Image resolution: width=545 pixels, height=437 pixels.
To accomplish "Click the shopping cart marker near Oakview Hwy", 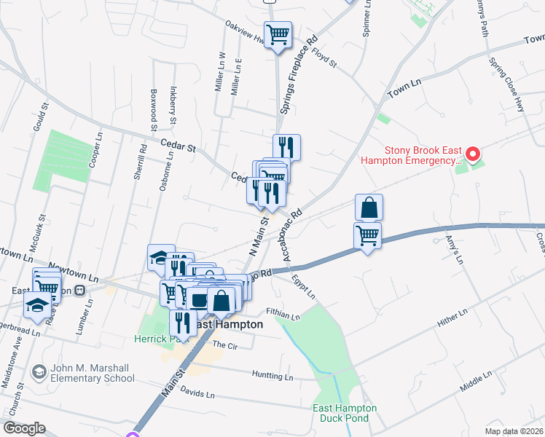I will click(278, 34).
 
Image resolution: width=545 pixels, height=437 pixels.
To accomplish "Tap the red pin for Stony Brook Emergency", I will click(472, 154).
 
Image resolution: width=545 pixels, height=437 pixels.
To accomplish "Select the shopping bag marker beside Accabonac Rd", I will click(369, 208).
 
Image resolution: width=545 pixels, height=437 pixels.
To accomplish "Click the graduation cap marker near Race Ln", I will click(36, 306).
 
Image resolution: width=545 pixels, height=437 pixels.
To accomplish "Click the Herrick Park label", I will click(155, 339).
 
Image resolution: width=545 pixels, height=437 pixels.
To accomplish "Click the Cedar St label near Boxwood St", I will click(181, 146).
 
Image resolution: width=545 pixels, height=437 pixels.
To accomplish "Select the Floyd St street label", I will click(324, 58).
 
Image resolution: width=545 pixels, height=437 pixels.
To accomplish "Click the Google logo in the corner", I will click(24, 428).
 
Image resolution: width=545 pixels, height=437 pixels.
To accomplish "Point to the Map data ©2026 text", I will click(514, 431).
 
